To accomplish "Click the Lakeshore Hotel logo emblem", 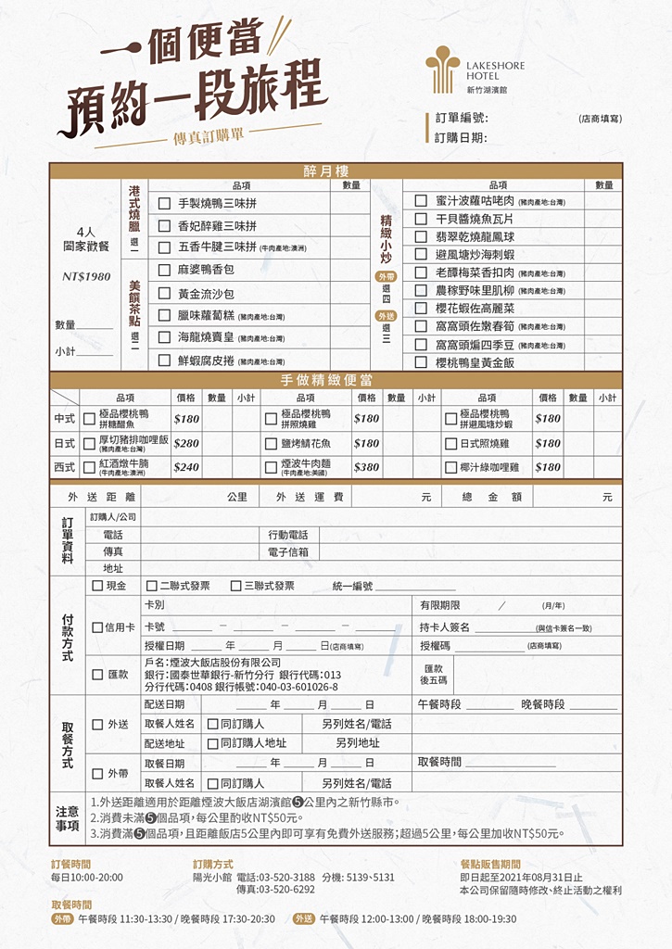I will pos(442,71).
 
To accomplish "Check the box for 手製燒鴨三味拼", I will pos(164,204).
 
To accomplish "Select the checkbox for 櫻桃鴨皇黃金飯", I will pos(421,362).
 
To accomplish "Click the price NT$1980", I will pos(86,276).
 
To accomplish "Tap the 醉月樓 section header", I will pos(336,171).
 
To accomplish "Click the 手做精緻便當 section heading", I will pos(336,380).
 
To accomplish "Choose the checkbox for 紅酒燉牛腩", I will pos(90,466).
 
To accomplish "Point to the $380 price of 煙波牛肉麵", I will pos(366,467).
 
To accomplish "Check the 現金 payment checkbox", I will pos(97,586).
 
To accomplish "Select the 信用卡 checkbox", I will pos(97,627).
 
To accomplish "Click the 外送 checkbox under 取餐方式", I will pos(97,724).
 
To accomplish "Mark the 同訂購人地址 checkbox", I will pos(213,743).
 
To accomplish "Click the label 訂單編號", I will pos(461,119).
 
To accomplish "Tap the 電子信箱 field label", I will pos(288,551).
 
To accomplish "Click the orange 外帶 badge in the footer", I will pos(62,919).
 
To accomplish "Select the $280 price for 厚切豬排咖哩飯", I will pos(186,443).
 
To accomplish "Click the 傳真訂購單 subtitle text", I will pos(209,136).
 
